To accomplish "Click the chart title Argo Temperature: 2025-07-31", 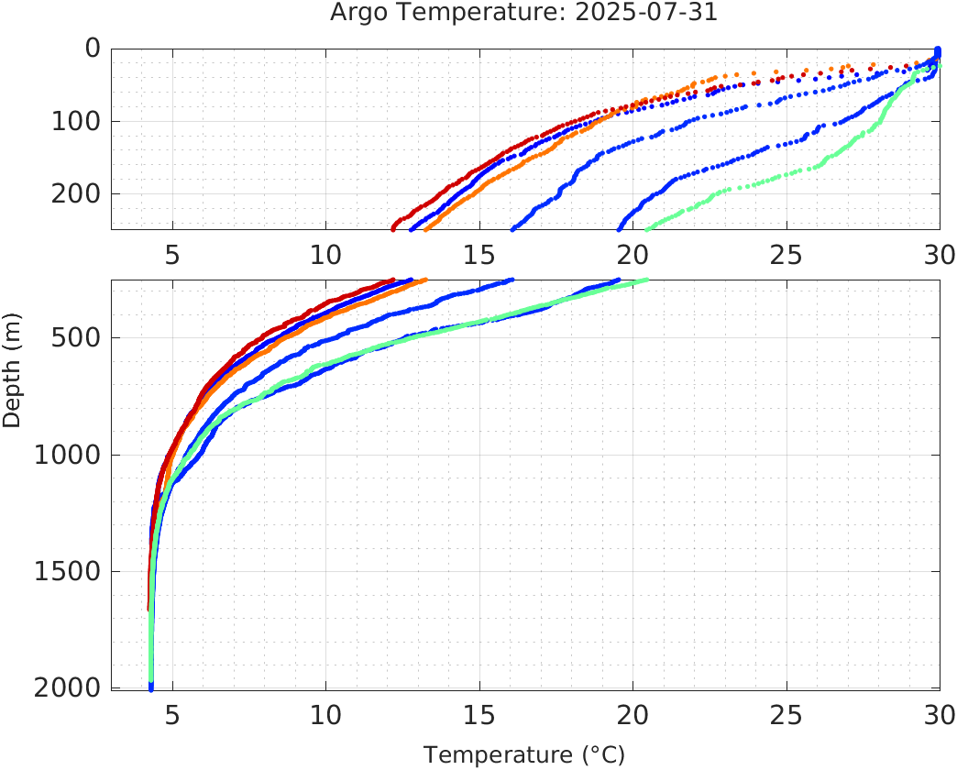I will [x=524, y=14].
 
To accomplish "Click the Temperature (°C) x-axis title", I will [x=524, y=754].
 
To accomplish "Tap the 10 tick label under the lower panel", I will [x=326, y=714].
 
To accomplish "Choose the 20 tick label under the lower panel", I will [x=632, y=714].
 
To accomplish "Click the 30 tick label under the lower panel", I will [x=937, y=714].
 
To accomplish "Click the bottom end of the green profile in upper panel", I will [x=647, y=228].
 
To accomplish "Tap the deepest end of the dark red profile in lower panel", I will [x=148, y=608].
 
